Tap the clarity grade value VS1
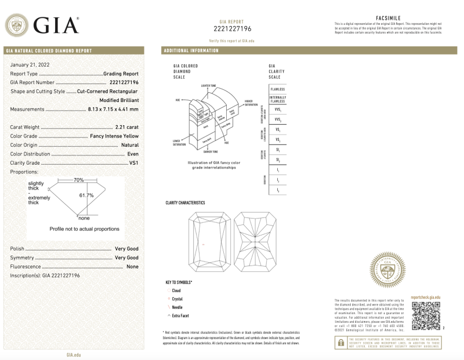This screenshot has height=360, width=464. (x=133, y=163)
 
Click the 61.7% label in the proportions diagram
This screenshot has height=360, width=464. (x=86, y=195)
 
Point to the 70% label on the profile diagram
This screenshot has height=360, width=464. (x=79, y=180)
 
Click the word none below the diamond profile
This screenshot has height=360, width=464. (x=85, y=218)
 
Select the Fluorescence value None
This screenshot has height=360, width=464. (x=132, y=266)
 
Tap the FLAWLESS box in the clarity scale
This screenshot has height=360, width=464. (x=277, y=89)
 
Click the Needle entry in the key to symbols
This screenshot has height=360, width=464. (x=177, y=307)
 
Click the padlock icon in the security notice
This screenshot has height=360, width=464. (x=340, y=344)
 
